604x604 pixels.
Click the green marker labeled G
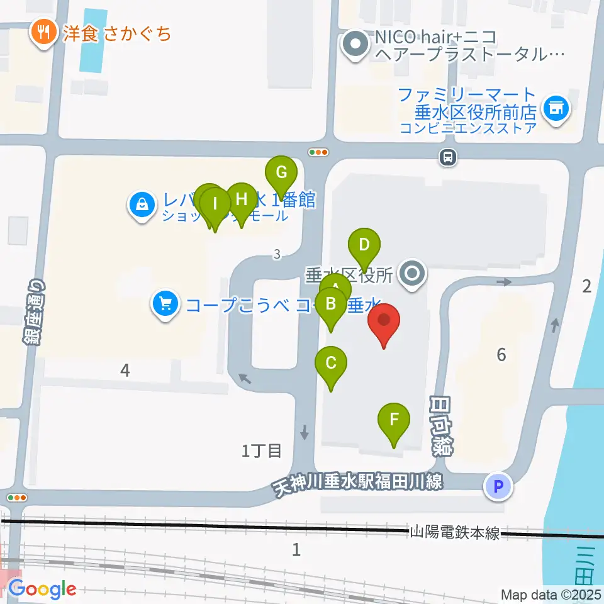(x=281, y=172)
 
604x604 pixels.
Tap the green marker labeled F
(x=394, y=420)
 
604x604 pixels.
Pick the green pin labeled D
(x=364, y=245)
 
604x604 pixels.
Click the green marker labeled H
(x=241, y=200)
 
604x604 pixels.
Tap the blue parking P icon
(x=498, y=486)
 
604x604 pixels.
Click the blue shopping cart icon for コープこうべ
(x=165, y=305)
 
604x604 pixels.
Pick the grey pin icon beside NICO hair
(x=356, y=45)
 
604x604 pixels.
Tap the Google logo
(x=42, y=590)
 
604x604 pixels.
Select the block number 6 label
(x=501, y=355)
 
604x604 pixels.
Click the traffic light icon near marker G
(x=318, y=152)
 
